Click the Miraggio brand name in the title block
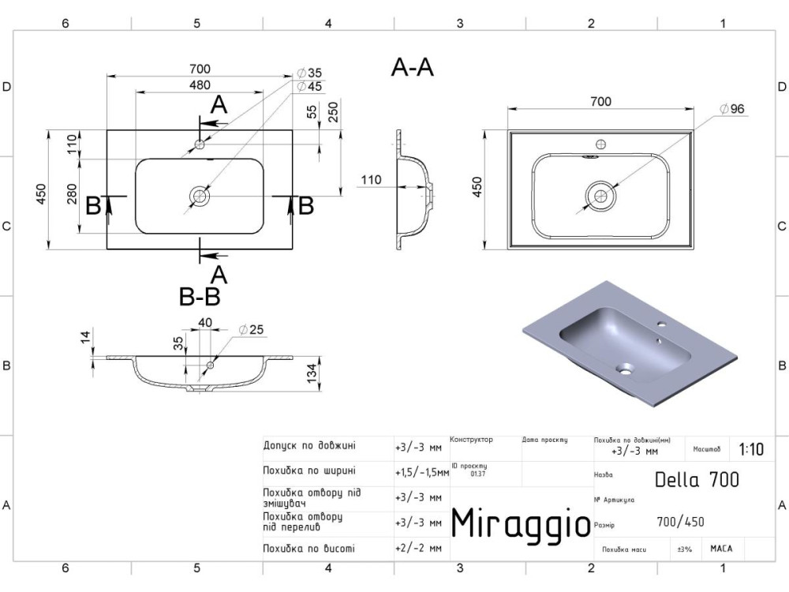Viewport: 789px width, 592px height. coord(520,523)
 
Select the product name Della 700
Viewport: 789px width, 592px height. coord(697,478)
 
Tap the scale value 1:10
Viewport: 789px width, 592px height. coord(751,450)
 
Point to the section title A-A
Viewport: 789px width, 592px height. coord(412,69)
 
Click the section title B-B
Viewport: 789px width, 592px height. coord(200,297)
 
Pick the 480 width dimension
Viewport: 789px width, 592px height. coord(200,85)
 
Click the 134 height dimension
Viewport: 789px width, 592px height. coord(312,373)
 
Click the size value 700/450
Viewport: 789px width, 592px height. coord(681,522)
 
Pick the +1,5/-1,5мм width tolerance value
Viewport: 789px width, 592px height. coord(421,473)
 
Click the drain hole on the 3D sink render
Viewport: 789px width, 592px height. coord(626,367)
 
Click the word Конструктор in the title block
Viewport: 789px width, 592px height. coord(471,439)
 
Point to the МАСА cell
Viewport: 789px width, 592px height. coord(720,548)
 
